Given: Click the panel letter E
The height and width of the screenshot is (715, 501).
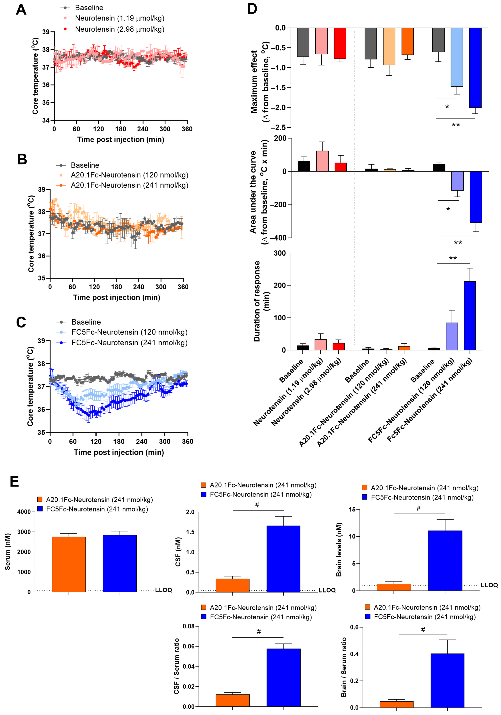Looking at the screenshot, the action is click(x=14, y=481).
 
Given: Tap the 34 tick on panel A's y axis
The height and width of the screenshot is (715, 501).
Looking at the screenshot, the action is click(x=46, y=120).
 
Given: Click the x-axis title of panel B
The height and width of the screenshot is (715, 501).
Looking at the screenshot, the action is click(x=117, y=297).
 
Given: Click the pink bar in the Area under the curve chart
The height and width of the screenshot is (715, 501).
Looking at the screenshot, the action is click(x=322, y=161).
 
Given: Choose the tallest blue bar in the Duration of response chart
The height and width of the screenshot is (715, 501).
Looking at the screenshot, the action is click(x=470, y=316).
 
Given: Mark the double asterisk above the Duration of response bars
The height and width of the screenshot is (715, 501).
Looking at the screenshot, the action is click(x=453, y=258).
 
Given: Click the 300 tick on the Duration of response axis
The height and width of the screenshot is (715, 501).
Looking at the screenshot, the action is click(x=280, y=253).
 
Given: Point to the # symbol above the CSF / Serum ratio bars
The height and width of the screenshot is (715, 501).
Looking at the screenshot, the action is click(x=259, y=632).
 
